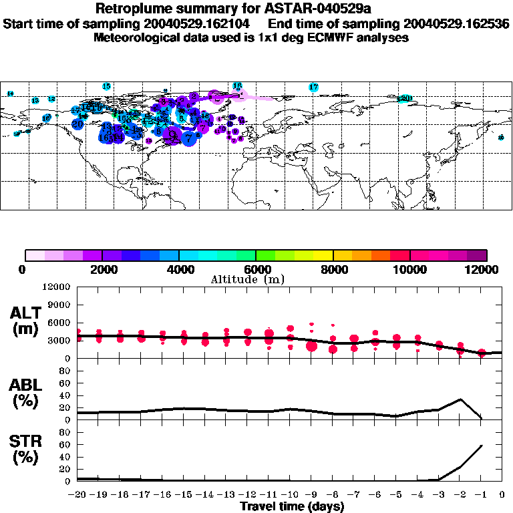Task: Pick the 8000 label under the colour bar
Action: click(333, 269)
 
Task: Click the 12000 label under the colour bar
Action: click(485, 269)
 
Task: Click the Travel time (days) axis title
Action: click(292, 506)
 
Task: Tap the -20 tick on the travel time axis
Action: click(77, 495)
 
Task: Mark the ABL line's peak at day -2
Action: click(460, 399)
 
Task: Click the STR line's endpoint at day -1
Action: click(481, 445)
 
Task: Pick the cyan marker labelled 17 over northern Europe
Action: click(313, 87)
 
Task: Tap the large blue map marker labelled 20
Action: click(77, 124)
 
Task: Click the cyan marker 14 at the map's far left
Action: click(10, 94)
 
